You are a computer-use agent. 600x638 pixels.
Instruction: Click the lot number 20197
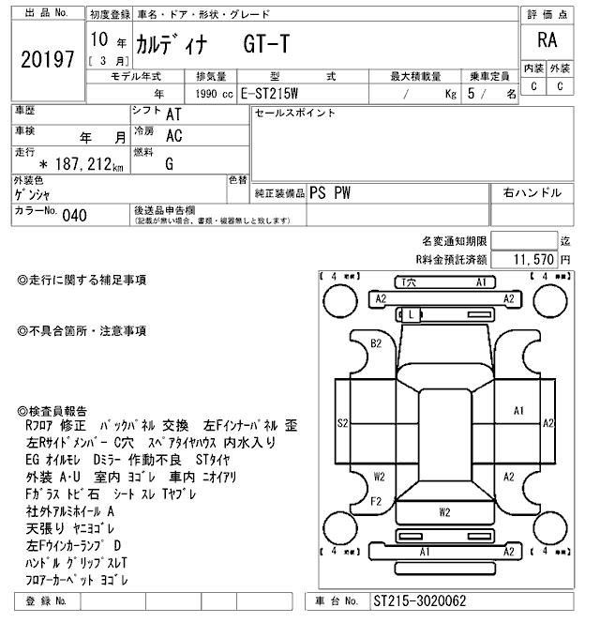pos(46,59)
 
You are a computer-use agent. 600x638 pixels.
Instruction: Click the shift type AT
pos(173,114)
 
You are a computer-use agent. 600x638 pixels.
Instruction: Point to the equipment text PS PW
pos(330,192)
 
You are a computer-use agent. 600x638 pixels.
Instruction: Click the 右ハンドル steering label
pos(532,192)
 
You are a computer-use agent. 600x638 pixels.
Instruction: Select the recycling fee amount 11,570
pos(533,258)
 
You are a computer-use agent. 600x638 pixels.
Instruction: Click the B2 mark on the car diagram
pos(376,343)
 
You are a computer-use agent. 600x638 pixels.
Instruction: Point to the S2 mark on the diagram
pos(343,423)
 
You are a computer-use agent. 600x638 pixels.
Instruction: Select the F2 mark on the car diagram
pos(375,501)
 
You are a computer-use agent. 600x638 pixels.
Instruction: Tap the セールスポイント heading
pos(294,113)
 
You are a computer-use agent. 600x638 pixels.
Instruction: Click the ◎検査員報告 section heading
pos(52,411)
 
